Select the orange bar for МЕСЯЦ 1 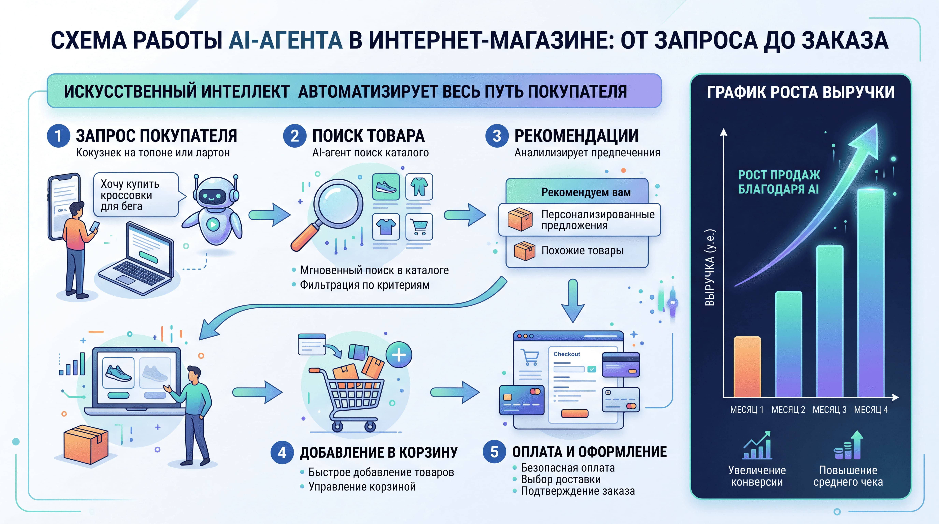pos(747,367)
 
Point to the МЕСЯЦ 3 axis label pos(830,410)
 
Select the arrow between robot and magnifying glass pos(270,215)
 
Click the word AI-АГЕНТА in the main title pos(286,40)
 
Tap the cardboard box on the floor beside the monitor pos(86,445)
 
